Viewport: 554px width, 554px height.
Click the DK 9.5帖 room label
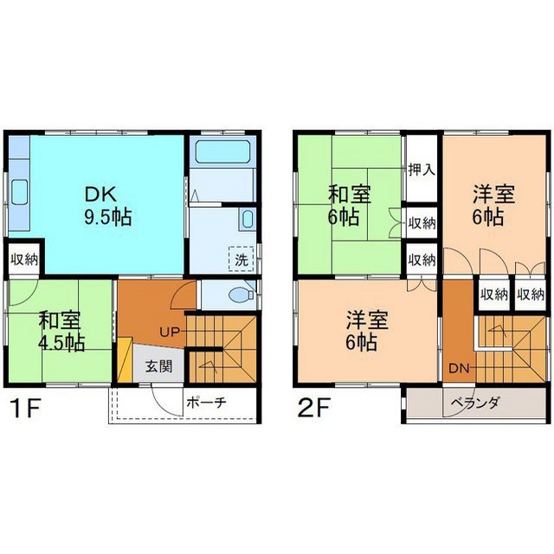tap(107, 206)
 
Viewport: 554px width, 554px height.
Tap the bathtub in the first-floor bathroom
tap(223, 151)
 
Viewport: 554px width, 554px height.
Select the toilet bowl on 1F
tap(241, 294)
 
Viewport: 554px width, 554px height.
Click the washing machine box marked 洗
tap(242, 259)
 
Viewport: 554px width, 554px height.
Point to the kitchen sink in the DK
tap(19, 192)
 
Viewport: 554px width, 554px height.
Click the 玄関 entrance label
tap(159, 366)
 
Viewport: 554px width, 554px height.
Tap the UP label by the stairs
tap(170, 332)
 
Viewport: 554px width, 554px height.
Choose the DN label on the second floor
tap(459, 369)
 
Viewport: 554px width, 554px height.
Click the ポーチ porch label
tap(206, 403)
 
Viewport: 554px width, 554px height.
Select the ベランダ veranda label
tap(475, 403)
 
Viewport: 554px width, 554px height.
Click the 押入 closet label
tap(422, 171)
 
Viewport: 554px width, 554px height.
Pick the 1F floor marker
tap(26, 408)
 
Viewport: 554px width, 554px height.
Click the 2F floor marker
tap(314, 408)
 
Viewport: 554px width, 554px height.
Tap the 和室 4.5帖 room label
tap(61, 331)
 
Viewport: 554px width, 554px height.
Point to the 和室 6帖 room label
tap(349, 206)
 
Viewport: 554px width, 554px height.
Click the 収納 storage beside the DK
tap(24, 260)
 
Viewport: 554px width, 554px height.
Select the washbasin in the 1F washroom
tap(247, 219)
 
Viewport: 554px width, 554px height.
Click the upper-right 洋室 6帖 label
tap(494, 206)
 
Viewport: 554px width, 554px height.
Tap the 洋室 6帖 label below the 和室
tap(367, 331)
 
